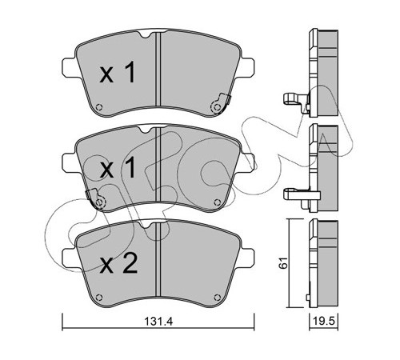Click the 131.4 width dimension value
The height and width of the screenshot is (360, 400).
[x=158, y=322]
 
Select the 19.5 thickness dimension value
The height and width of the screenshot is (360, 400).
[x=324, y=322]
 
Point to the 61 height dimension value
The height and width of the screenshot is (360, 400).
[x=283, y=262]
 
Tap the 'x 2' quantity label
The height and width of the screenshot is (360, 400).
[x=118, y=263]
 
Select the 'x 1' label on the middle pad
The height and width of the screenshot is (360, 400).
[x=118, y=167]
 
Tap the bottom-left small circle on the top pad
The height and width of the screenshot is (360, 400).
[x=99, y=107]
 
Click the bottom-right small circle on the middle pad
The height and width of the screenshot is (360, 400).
[x=218, y=202]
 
